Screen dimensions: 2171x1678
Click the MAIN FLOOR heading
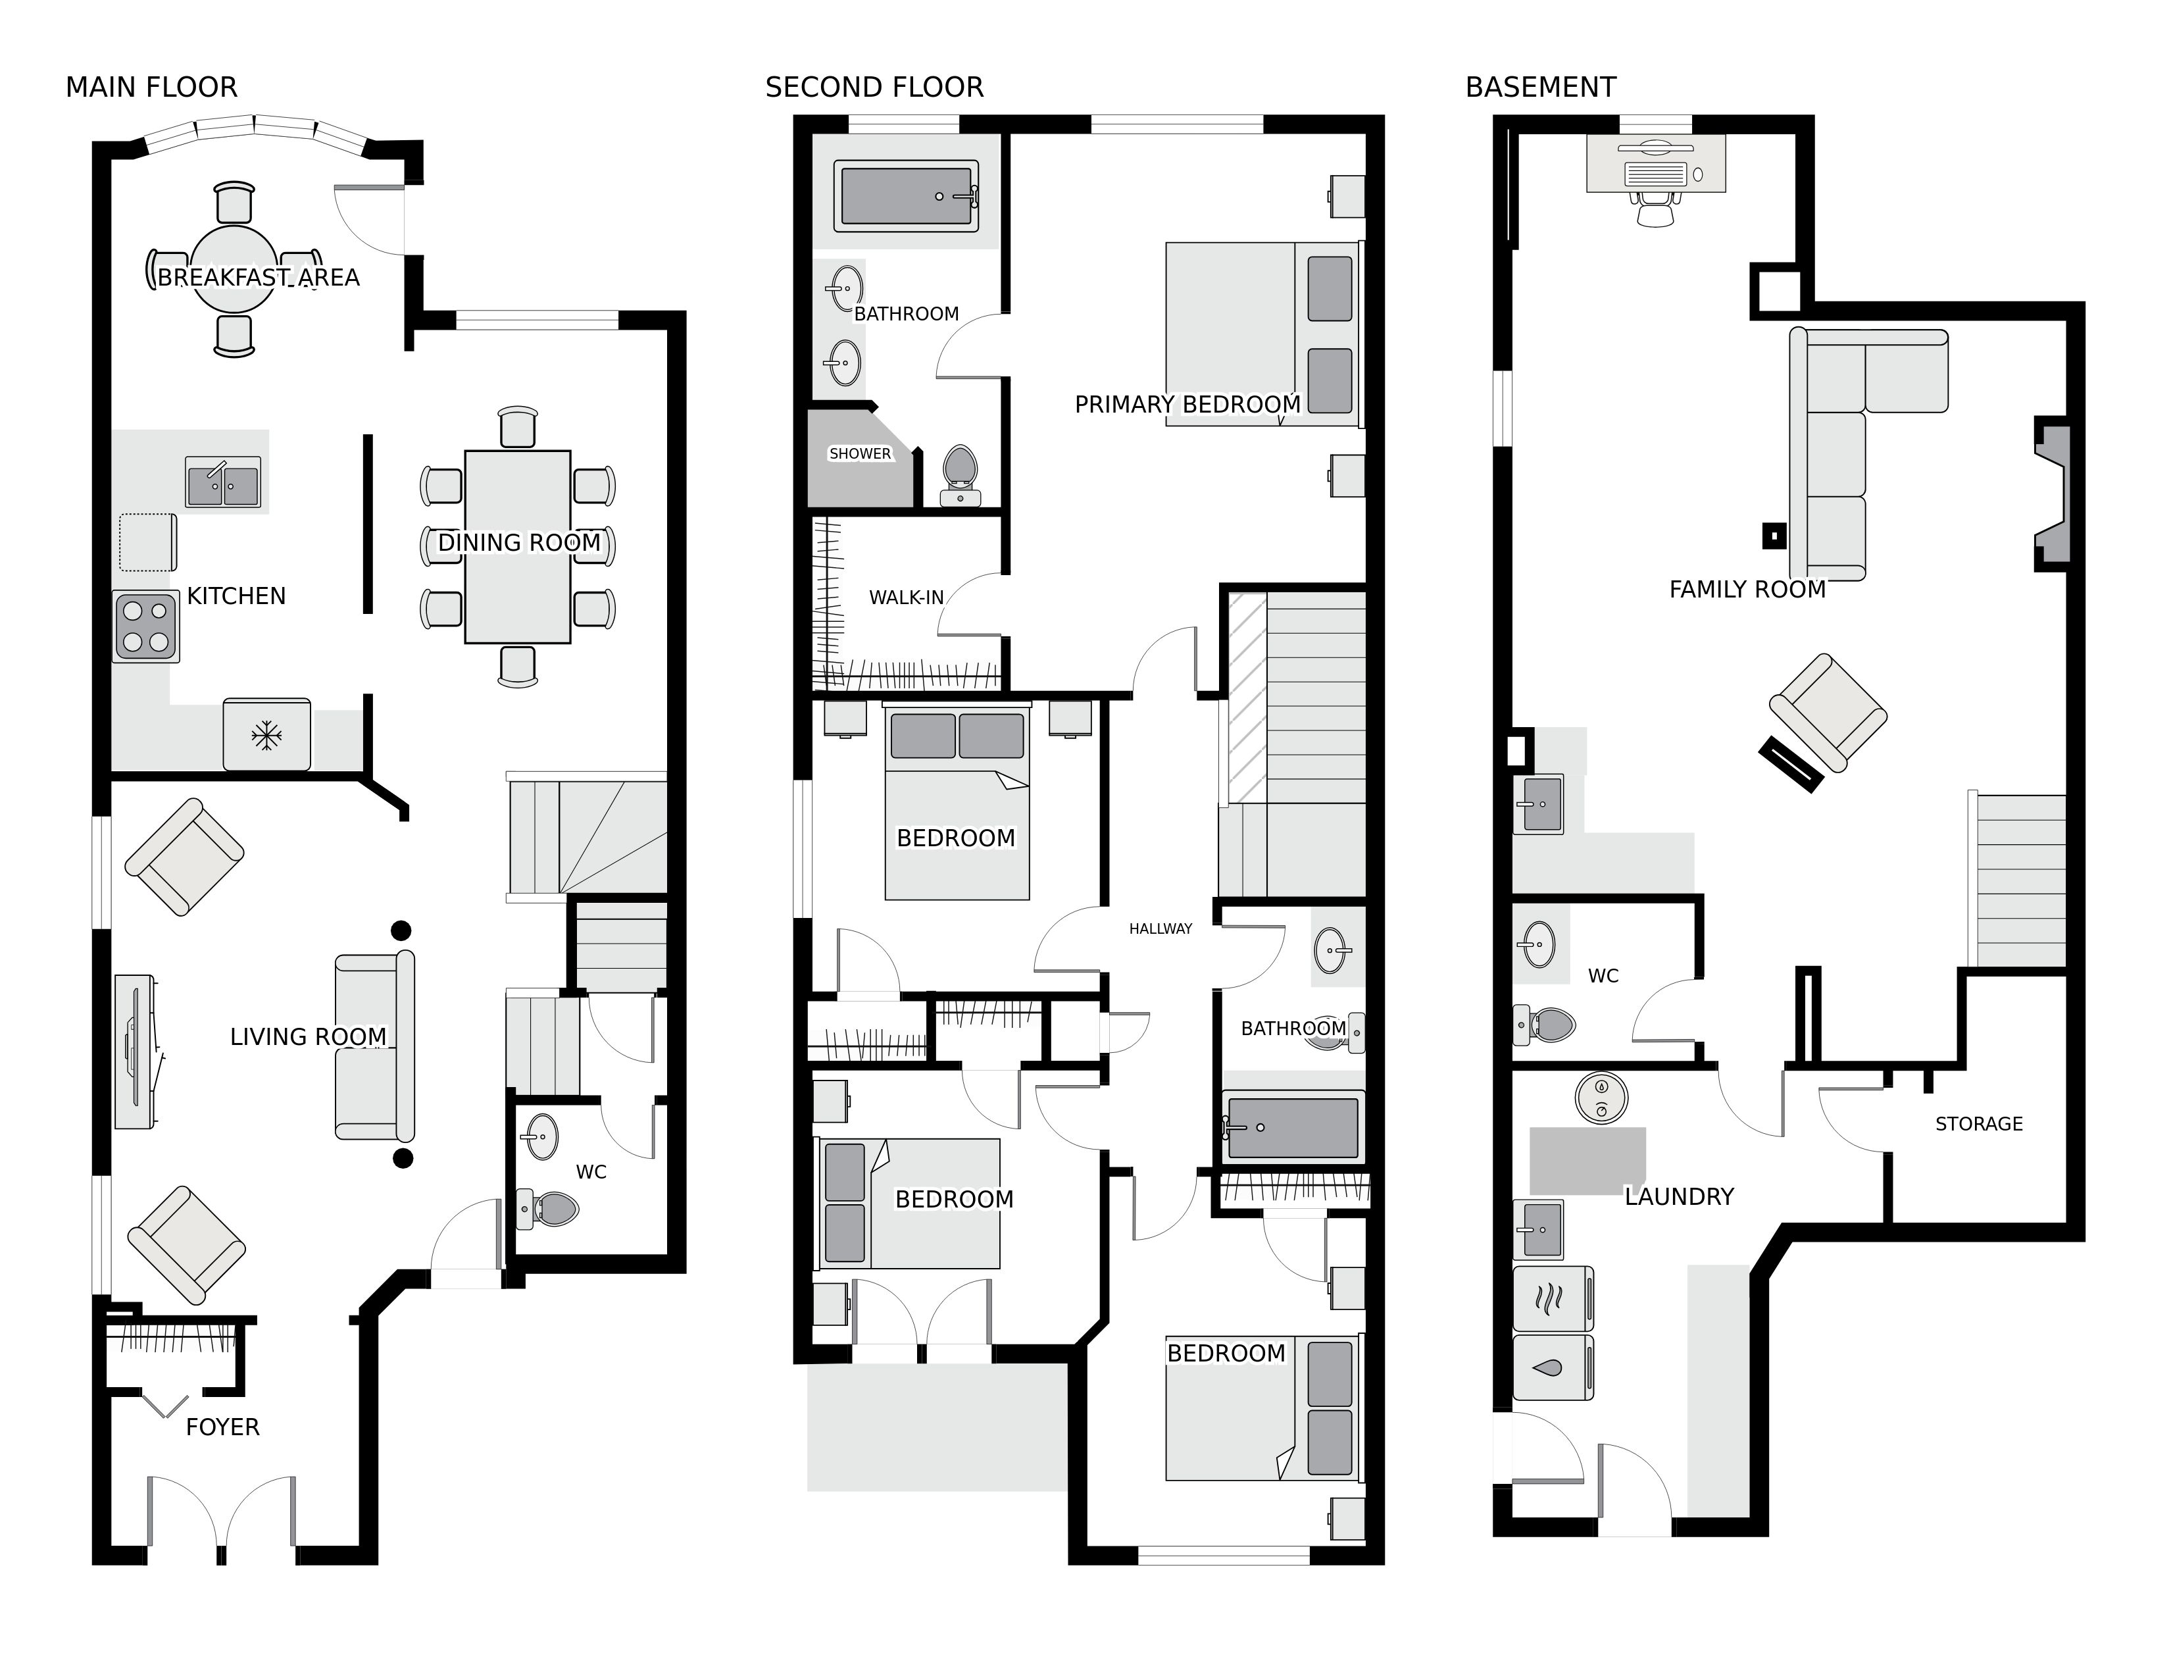pyautogui.click(x=151, y=88)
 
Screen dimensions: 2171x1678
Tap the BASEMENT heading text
pyautogui.click(x=1541, y=88)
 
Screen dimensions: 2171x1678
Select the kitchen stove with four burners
pyautogui.click(x=146, y=626)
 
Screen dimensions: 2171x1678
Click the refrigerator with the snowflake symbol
pyautogui.click(x=266, y=734)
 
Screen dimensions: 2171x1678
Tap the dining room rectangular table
pyautogui.click(x=518, y=547)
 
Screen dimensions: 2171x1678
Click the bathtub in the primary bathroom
pyautogui.click(x=907, y=196)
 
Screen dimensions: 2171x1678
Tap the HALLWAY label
pyautogui.click(x=1160, y=928)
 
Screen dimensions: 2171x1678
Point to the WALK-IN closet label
pyautogui.click(x=907, y=597)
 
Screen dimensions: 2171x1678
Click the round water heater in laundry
pyautogui.click(x=1601, y=1098)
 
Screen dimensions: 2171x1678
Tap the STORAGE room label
pyautogui.click(x=1979, y=1125)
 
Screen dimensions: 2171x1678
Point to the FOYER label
pyautogui.click(x=222, y=1427)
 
